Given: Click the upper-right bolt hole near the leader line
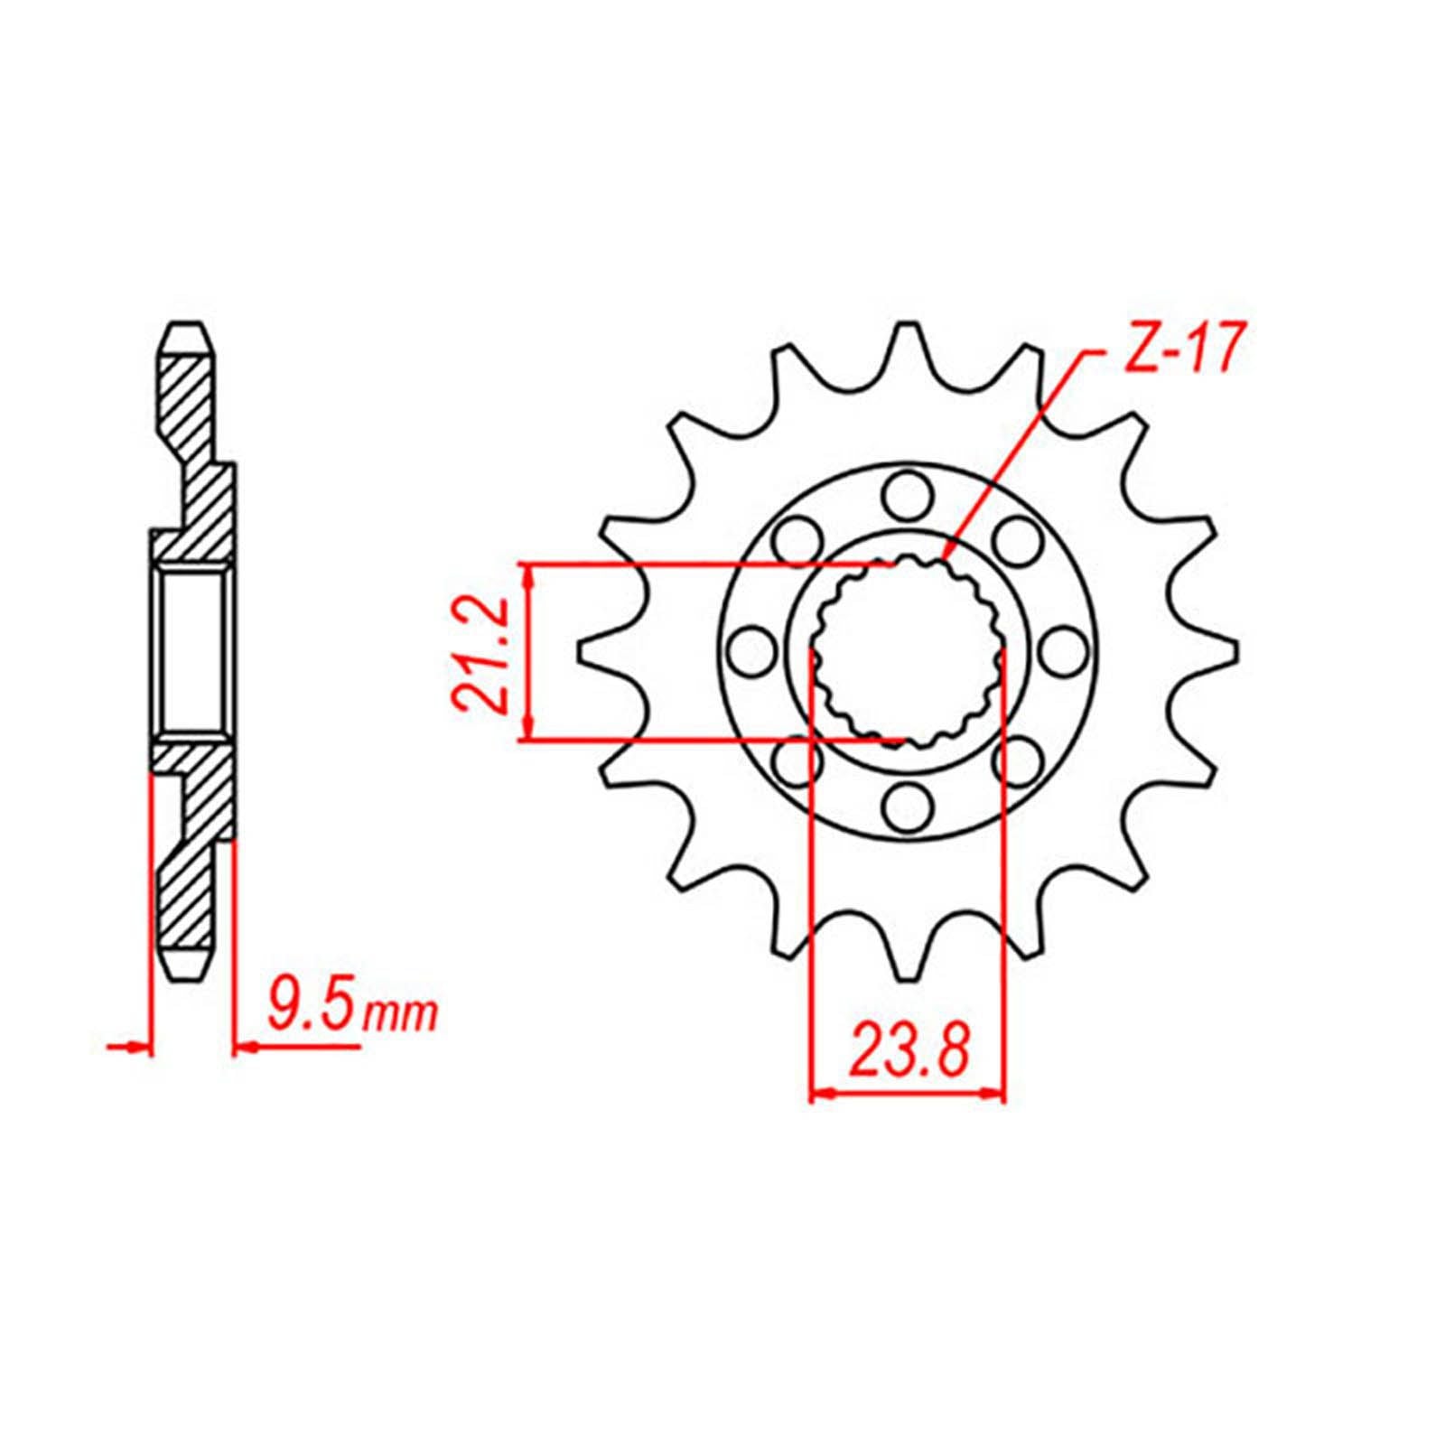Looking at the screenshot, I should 1016,540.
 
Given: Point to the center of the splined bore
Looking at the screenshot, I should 907,651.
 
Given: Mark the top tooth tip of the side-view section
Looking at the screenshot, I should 190,327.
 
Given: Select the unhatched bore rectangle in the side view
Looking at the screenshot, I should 191,651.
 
